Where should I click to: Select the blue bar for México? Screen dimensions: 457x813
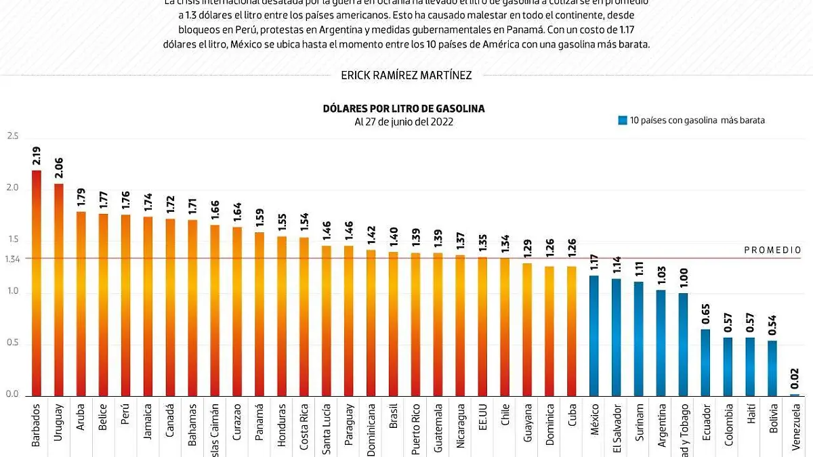pyautogui.click(x=594, y=335)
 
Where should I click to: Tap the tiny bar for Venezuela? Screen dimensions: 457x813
pyautogui.click(x=795, y=395)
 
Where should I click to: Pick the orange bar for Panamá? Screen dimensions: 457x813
pyautogui.click(x=259, y=314)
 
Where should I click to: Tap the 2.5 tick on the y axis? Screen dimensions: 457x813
pyautogui.click(x=12, y=136)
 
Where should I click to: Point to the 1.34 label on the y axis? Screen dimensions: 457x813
pyautogui.click(x=12, y=258)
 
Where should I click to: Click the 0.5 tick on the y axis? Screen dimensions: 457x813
pyautogui.click(x=12, y=344)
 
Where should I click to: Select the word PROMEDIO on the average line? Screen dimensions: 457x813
pyautogui.click(x=772, y=250)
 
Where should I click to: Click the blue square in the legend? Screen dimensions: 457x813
pyautogui.click(x=622, y=121)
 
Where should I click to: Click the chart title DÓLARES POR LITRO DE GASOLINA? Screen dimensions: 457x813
pyautogui.click(x=404, y=108)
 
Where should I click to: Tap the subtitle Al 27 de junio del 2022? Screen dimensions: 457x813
pyautogui.click(x=404, y=122)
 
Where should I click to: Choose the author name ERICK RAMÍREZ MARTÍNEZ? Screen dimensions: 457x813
pyautogui.click(x=406, y=75)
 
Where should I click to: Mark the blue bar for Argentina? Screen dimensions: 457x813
pyautogui.click(x=661, y=343)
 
